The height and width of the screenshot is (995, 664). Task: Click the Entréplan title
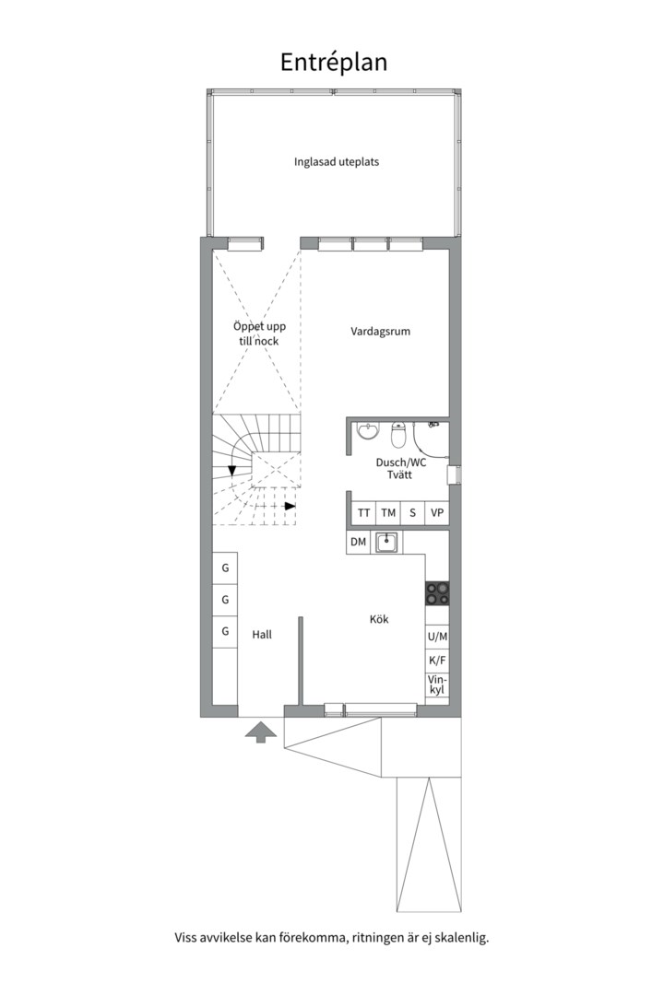point(334,63)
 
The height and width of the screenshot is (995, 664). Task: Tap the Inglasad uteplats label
point(336,162)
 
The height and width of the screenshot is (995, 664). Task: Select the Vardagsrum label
point(381,332)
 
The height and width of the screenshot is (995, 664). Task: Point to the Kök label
point(379,619)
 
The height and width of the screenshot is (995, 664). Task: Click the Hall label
point(262,634)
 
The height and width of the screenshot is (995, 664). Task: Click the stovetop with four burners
point(437,593)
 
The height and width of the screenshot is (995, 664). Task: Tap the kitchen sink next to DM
point(386,543)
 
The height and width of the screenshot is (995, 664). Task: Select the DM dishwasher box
point(359,542)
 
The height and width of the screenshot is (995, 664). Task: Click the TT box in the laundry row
point(363,513)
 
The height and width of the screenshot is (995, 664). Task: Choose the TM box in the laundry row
point(388,513)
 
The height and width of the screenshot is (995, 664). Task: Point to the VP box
point(437,513)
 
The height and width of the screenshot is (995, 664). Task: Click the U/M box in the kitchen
point(437,637)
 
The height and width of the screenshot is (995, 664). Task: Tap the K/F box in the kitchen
point(437,661)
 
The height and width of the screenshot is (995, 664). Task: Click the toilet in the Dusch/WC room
point(398,435)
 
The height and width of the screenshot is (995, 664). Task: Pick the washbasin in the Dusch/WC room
point(367,431)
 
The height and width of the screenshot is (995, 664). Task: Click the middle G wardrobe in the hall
point(225,600)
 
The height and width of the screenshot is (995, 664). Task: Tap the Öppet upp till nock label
point(259,334)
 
